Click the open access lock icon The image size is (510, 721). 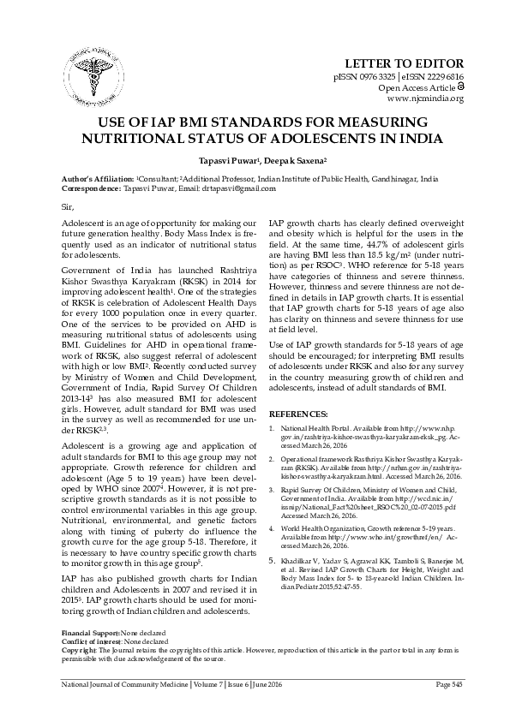pos(460,87)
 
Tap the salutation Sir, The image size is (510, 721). pos(69,208)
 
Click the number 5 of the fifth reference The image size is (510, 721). pos(273,560)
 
